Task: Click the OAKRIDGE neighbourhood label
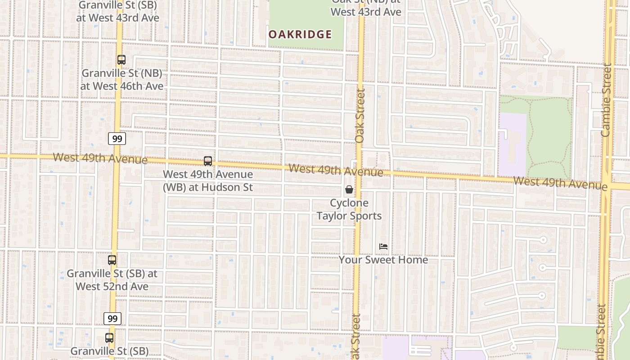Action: pyautogui.click(x=300, y=35)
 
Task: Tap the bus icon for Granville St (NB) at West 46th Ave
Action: pyautogui.click(x=121, y=60)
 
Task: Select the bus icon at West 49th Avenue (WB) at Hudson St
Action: pyautogui.click(x=207, y=161)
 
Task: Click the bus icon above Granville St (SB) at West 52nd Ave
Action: pyautogui.click(x=112, y=260)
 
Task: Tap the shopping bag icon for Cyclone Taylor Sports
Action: pyautogui.click(x=349, y=190)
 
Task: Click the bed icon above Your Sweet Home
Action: pyautogui.click(x=383, y=247)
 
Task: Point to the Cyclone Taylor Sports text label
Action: pyautogui.click(x=349, y=209)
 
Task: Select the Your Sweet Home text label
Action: pyautogui.click(x=383, y=260)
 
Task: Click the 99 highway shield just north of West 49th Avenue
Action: pyautogui.click(x=117, y=139)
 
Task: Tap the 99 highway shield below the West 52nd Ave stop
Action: pyautogui.click(x=112, y=319)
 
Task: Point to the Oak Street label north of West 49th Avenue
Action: pyautogui.click(x=360, y=116)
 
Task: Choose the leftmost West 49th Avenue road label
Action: pyautogui.click(x=100, y=158)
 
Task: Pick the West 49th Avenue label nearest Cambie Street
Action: pyautogui.click(x=560, y=183)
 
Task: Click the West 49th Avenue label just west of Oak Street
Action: pyautogui.click(x=336, y=170)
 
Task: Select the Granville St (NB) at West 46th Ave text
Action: pyautogui.click(x=122, y=80)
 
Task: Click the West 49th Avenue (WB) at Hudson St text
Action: pyautogui.click(x=208, y=181)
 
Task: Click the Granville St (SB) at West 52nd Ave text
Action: pyautogui.click(x=112, y=280)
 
